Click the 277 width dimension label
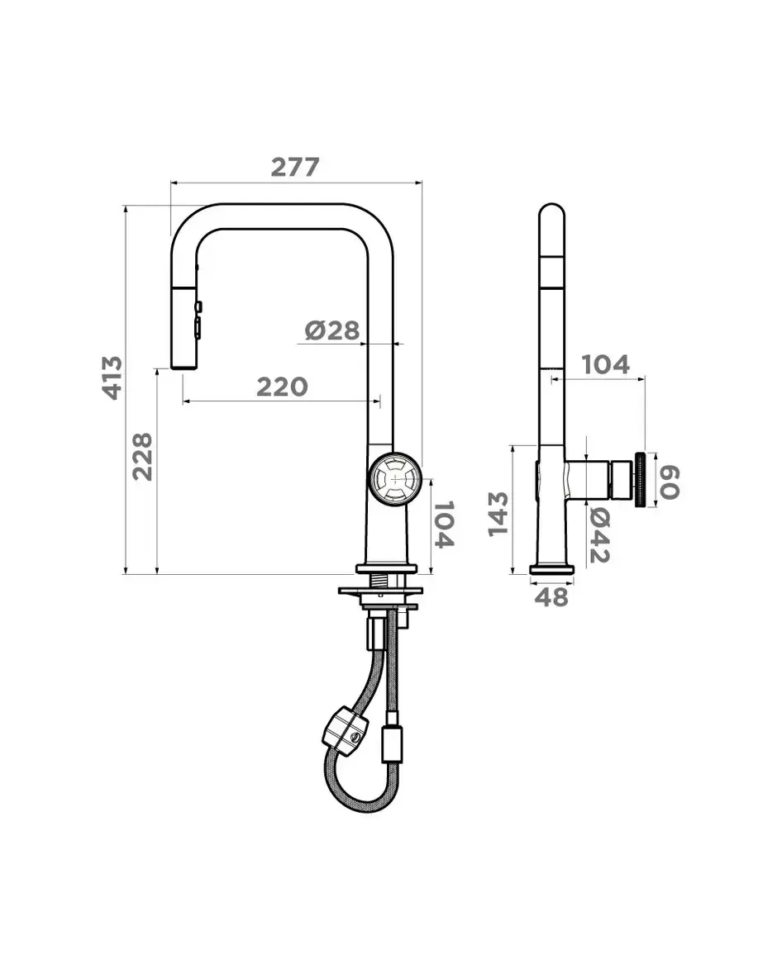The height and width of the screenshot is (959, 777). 295,167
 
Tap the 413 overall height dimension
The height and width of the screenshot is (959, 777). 112,378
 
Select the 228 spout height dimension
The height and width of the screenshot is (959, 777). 142,456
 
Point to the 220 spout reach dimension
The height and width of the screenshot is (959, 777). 281,387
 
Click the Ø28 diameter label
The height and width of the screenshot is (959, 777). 332,331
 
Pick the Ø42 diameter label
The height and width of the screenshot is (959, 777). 600,536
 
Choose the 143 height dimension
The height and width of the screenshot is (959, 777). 498,514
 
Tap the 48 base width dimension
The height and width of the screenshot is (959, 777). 552,596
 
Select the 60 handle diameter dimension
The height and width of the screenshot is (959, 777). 670,482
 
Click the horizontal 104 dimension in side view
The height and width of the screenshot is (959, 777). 605,364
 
